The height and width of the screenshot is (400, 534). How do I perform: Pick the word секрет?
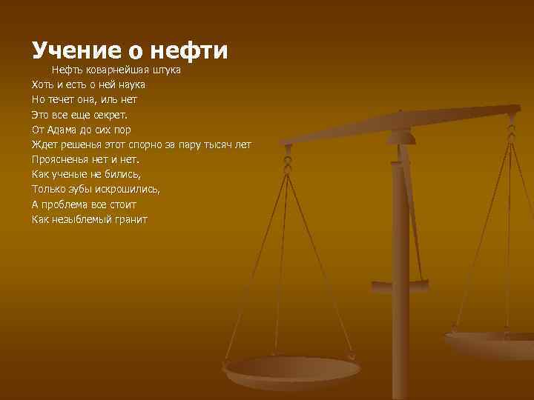click(109, 115)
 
